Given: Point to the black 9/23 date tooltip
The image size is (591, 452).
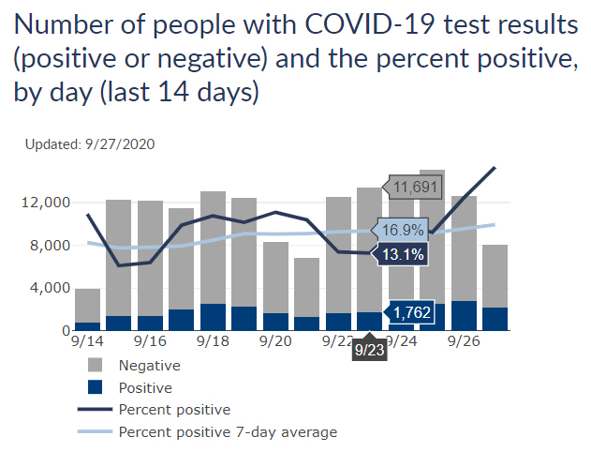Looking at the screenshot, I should pyautogui.click(x=369, y=350).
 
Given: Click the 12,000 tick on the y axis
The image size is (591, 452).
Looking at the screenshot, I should pyautogui.click(x=45, y=203).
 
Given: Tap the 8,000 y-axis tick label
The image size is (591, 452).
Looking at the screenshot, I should pyautogui.click(x=49, y=246).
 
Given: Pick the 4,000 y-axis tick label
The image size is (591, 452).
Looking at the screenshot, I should pyautogui.click(x=49, y=289).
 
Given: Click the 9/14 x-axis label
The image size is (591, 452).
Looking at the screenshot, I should pyautogui.click(x=87, y=342).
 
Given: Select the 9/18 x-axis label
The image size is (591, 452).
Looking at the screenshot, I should pyautogui.click(x=213, y=342).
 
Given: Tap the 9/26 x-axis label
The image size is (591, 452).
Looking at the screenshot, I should pyautogui.click(x=464, y=342).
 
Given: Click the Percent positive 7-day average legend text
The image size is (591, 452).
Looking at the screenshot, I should pyautogui.click(x=228, y=432).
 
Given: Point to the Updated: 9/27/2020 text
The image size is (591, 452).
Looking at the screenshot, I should pyautogui.click(x=90, y=144).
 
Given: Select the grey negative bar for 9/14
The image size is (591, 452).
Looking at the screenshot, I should pyautogui.click(x=87, y=306).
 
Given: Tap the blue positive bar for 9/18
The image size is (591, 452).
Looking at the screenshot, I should pyautogui.click(x=213, y=317).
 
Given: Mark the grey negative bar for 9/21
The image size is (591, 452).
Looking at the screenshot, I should pyautogui.click(x=307, y=287).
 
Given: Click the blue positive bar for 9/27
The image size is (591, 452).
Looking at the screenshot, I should pyautogui.click(x=495, y=319).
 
